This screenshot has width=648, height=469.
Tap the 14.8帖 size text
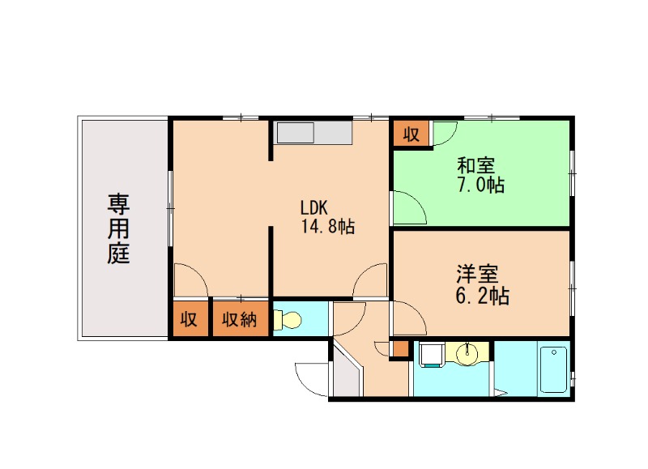point(328,226)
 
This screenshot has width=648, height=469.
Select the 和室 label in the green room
point(475,166)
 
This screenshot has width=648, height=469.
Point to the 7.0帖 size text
point(479,185)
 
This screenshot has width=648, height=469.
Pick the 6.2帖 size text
point(481,296)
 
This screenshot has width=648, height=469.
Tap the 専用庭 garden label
point(119,228)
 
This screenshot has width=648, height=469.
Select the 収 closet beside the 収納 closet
point(189,318)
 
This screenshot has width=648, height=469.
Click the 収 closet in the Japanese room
point(411,134)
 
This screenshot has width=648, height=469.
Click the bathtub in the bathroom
point(553,369)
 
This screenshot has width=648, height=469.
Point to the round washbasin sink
point(467,354)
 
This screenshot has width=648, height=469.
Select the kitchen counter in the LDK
point(313,133)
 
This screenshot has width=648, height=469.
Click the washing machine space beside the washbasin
point(430,355)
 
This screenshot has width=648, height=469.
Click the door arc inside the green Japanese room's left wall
point(409,207)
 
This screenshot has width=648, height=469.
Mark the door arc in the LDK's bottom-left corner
point(191,280)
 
